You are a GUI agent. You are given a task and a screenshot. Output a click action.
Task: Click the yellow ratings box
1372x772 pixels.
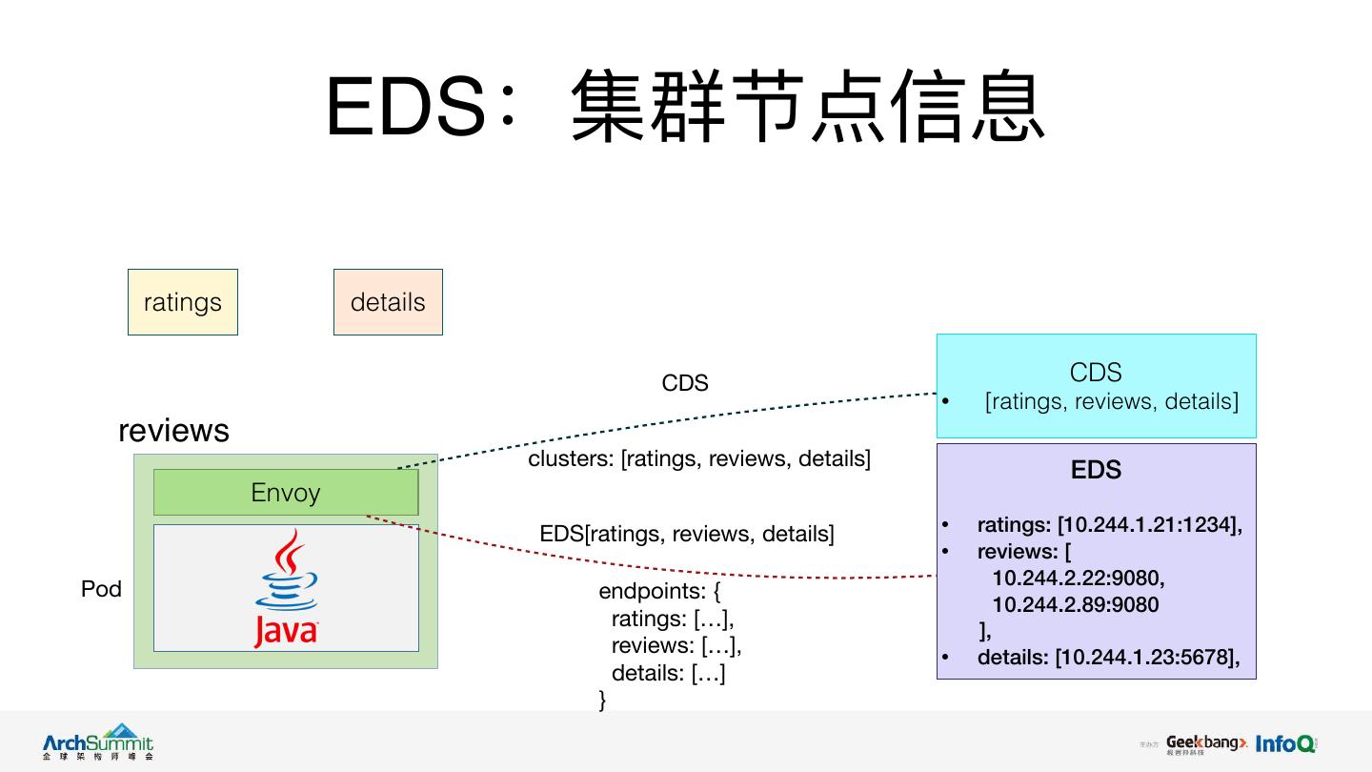(182, 302)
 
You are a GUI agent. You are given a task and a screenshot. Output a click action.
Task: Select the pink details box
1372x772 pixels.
(388, 302)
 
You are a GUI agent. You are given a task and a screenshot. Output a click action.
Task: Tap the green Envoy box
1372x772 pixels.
(286, 493)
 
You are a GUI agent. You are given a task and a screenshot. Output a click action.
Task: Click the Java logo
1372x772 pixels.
(286, 589)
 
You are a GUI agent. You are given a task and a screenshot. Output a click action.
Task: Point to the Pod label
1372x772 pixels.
(101, 589)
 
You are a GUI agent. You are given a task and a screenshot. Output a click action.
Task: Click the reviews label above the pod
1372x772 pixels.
(173, 430)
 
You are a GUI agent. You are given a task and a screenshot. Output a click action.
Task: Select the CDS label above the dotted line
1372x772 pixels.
(685, 383)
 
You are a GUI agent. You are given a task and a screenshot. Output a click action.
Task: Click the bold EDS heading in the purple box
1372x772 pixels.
(1096, 470)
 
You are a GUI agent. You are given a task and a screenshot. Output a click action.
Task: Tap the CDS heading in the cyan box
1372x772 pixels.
(1096, 373)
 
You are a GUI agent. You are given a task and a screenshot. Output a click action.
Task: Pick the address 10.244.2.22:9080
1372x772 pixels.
(1078, 578)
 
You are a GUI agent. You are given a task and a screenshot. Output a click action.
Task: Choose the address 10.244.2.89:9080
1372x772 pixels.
(1075, 604)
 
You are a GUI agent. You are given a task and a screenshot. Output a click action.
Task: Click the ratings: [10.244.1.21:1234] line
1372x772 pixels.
(1109, 524)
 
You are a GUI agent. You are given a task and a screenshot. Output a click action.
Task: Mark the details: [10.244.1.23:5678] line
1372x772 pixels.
(1108, 657)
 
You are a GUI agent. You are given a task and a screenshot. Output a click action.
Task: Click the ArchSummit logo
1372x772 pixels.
(97, 742)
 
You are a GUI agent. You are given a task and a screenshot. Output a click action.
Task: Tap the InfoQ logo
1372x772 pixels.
(1285, 743)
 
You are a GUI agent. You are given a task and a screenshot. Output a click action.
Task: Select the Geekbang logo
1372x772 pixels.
(1205, 743)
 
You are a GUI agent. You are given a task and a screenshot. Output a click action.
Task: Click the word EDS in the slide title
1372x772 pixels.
(407, 107)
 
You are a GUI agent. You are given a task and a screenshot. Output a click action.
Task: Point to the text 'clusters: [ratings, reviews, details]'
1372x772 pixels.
(699, 458)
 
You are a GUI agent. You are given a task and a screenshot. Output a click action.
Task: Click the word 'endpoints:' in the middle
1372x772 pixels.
(653, 591)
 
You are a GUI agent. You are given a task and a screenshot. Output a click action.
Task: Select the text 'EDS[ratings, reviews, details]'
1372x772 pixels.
(687, 534)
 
